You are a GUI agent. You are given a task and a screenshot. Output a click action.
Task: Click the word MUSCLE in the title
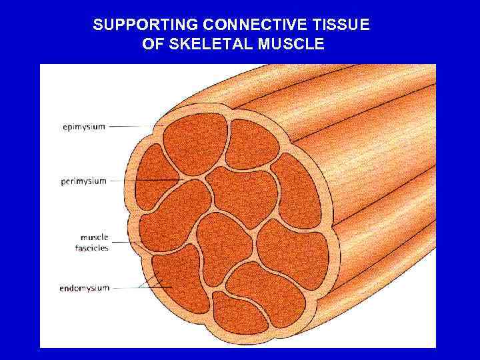tap(291, 45)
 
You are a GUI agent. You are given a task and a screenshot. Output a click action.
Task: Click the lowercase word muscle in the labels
tap(94, 237)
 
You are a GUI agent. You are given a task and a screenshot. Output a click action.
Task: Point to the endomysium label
tap(83, 289)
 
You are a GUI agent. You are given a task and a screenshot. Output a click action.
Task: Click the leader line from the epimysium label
tap(137, 125)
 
